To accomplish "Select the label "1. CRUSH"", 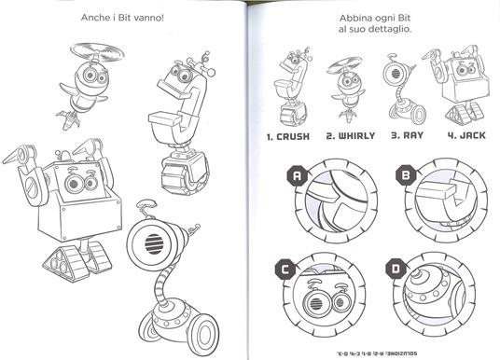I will (289, 135).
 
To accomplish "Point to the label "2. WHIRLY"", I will (350, 135).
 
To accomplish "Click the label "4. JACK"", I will (459, 135).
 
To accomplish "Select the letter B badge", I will (405, 173).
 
